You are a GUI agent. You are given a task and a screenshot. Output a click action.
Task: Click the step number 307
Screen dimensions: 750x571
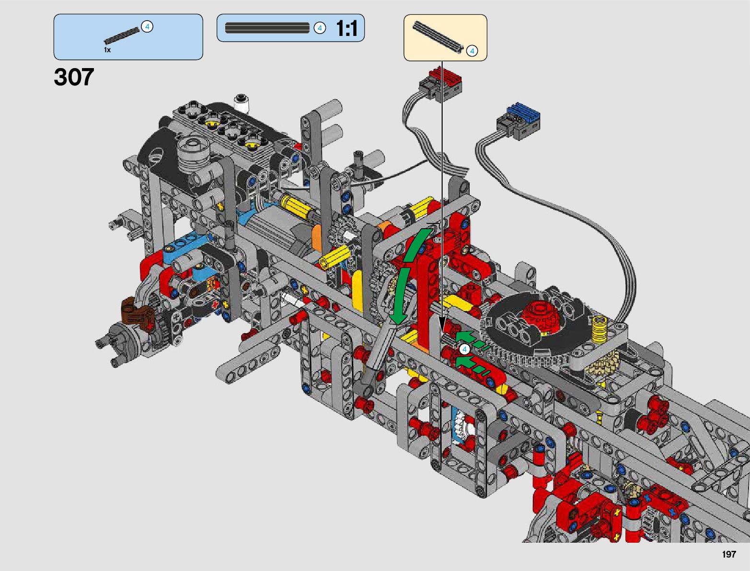click(74, 77)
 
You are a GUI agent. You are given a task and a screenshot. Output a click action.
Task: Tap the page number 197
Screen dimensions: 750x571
click(729, 554)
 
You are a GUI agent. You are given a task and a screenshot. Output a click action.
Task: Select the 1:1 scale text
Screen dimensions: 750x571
click(347, 28)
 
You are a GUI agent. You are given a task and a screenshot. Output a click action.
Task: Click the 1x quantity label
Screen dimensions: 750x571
click(107, 50)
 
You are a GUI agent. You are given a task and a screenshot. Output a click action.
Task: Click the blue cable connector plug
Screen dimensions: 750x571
click(519, 122)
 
